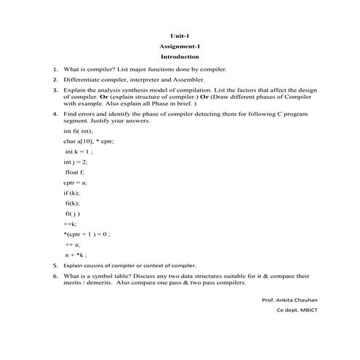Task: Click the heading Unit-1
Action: click(x=180, y=35)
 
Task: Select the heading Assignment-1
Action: click(x=180, y=46)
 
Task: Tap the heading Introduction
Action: click(x=180, y=57)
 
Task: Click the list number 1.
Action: click(x=55, y=69)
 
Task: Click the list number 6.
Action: click(x=55, y=276)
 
